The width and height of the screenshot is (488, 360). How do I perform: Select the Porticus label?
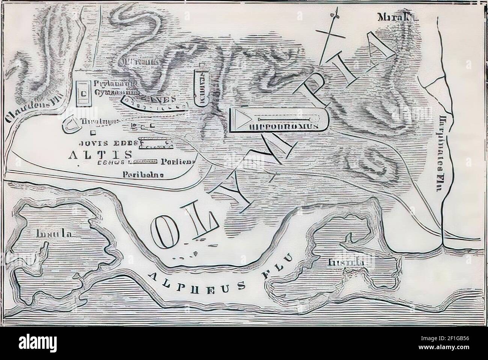tap(178, 162)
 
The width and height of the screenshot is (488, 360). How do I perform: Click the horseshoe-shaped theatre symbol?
tap(71, 125)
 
